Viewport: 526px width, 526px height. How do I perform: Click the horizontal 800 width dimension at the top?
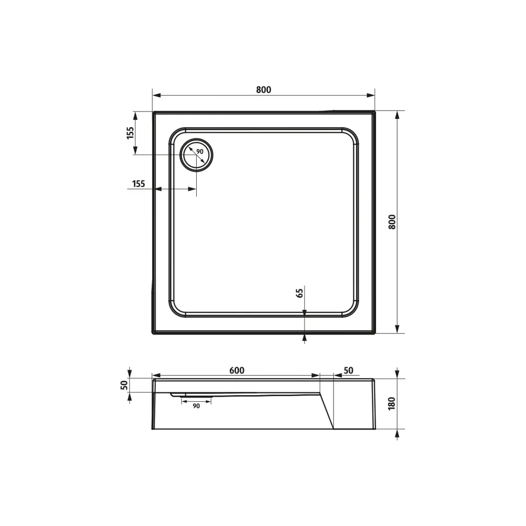pyautogui.click(x=264, y=89)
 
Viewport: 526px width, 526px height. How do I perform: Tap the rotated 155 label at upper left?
pyautogui.click(x=130, y=133)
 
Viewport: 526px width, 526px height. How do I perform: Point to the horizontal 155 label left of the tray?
pyautogui.click(x=138, y=184)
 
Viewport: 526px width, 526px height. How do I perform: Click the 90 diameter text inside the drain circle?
pyautogui.click(x=200, y=151)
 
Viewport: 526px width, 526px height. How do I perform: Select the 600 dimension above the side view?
pyautogui.click(x=237, y=370)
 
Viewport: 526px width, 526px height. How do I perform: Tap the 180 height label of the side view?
pyautogui.click(x=391, y=403)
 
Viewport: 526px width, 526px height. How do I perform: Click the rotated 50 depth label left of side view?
pyautogui.click(x=124, y=385)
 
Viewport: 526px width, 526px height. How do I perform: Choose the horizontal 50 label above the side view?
pyautogui.click(x=348, y=370)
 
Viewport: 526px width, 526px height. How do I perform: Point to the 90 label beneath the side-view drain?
pyautogui.click(x=196, y=406)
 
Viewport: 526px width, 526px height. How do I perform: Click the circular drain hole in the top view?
pyautogui.click(x=197, y=156)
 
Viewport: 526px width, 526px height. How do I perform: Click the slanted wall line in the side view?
pyautogui.click(x=327, y=410)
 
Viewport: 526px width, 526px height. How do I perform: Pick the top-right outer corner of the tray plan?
pyautogui.click(x=373, y=112)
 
